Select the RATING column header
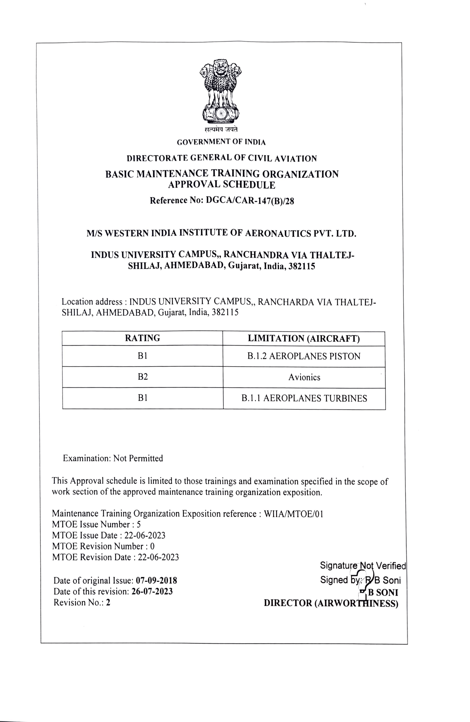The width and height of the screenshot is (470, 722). click(x=142, y=338)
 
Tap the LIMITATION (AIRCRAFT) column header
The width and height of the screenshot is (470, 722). click(x=304, y=339)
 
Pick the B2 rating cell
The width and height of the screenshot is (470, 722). click(x=142, y=377)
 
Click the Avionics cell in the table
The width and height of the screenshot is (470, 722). click(x=304, y=377)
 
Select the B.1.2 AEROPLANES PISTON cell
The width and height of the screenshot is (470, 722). click(x=304, y=356)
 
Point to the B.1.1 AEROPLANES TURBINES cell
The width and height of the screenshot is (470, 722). click(x=304, y=398)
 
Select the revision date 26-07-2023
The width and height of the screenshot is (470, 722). click(x=152, y=591)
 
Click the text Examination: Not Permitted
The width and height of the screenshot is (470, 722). click(x=113, y=458)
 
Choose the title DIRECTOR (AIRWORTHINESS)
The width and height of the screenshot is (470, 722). click(x=331, y=603)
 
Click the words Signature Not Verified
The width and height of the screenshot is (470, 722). click(x=363, y=565)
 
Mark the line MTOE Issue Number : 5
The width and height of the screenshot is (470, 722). click(x=96, y=524)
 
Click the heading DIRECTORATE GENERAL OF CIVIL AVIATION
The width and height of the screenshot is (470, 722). click(x=222, y=159)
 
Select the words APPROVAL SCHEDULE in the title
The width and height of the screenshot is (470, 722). click(x=222, y=185)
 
